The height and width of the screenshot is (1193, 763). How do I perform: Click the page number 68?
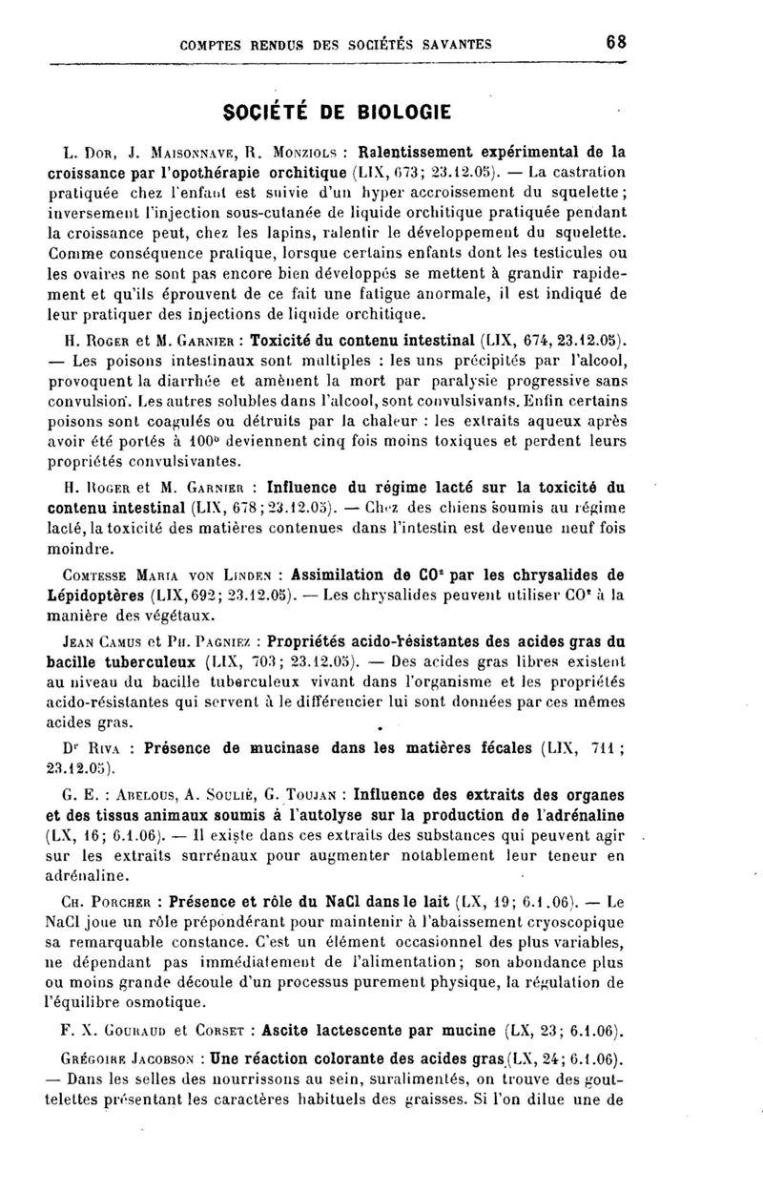[x=615, y=42]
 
